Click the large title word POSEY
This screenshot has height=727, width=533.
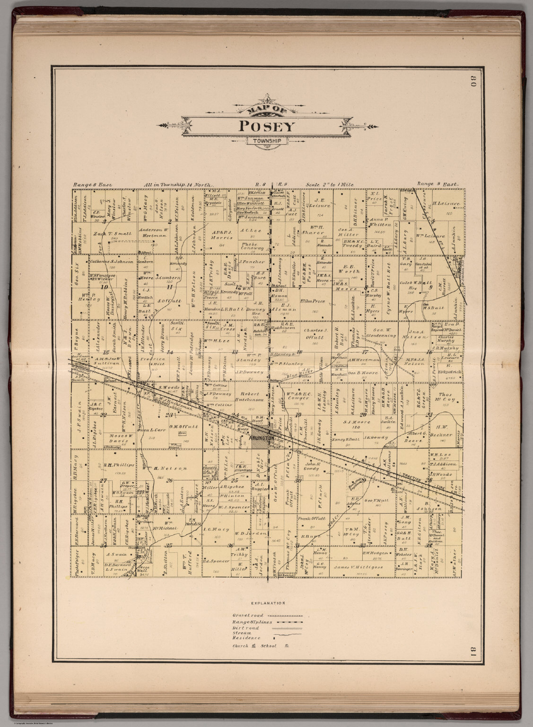tap(266, 126)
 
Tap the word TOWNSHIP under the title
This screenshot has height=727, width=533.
tap(266, 141)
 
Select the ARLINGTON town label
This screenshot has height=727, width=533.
tap(258, 439)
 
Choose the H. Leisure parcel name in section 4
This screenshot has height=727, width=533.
tap(446, 204)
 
